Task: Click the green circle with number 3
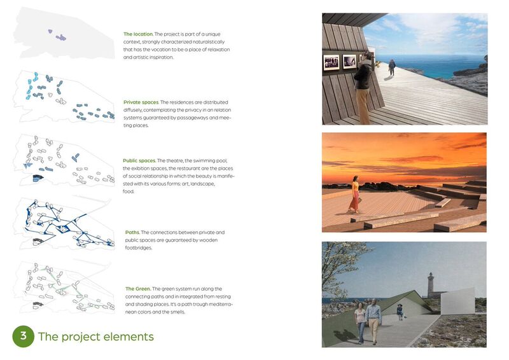click(24, 336)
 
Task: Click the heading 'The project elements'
click(96, 336)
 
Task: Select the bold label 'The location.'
click(138, 34)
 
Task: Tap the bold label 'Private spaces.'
click(141, 102)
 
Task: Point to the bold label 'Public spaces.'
click(139, 161)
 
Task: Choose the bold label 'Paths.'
click(132, 232)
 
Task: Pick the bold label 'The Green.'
click(138, 289)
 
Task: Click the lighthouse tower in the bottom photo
click(431, 285)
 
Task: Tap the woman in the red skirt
click(354, 195)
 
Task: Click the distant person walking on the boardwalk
click(392, 67)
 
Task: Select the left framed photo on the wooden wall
click(331, 62)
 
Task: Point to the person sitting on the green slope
click(400, 312)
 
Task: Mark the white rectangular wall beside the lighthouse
click(457, 301)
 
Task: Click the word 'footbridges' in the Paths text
click(138, 248)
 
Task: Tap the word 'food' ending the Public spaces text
click(128, 191)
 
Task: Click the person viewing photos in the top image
click(363, 88)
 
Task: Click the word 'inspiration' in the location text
click(160, 57)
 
